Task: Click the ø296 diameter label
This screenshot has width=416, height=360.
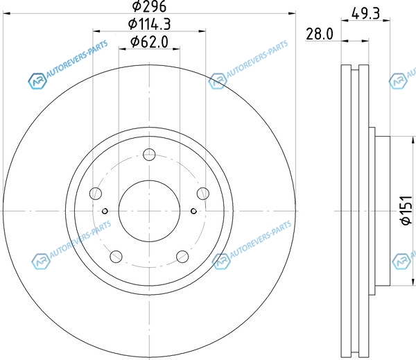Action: pyautogui.click(x=149, y=6)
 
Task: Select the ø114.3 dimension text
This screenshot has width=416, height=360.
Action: pyautogui.click(x=149, y=24)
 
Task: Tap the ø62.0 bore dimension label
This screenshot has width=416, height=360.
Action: pyautogui.click(x=149, y=42)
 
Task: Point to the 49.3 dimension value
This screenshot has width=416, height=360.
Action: pyautogui.click(x=365, y=13)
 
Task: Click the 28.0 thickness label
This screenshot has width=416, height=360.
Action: pyautogui.click(x=320, y=34)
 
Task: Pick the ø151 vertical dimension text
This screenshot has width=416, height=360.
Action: pyautogui.click(x=407, y=211)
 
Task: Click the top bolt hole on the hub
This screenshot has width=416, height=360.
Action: pyautogui.click(x=149, y=155)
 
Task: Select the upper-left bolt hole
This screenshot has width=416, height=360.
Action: pyautogui.click(x=96, y=194)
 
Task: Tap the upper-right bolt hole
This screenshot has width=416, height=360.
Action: pyautogui.click(x=203, y=194)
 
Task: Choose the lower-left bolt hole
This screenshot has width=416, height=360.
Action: pyautogui.click(x=116, y=257)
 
